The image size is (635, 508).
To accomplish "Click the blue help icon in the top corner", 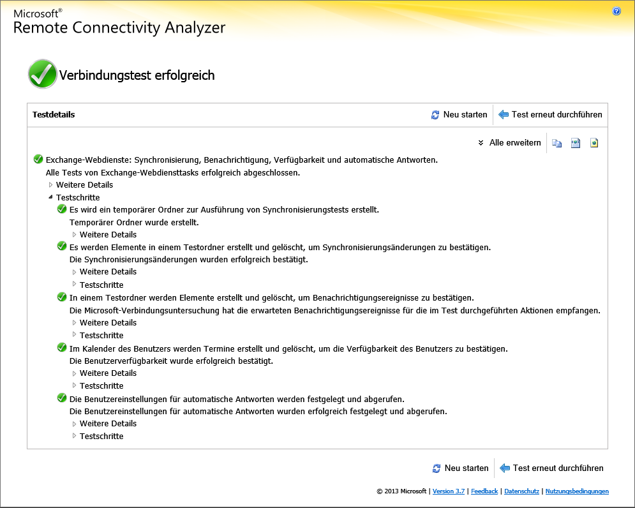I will click(616, 11).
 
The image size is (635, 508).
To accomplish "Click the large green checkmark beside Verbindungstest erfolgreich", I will click(43, 75).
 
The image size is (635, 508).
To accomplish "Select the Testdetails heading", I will click(54, 115).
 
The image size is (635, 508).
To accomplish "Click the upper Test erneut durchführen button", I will click(550, 115).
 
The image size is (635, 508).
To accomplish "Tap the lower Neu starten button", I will click(460, 468).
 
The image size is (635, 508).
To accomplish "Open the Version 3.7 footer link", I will click(449, 491).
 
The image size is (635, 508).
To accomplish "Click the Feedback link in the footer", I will click(484, 491).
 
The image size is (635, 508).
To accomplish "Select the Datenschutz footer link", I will click(522, 491).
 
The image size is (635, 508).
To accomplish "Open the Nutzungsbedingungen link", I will click(577, 491).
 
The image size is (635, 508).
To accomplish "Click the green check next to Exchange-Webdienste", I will click(38, 160).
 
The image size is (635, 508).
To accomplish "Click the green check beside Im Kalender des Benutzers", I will click(62, 348).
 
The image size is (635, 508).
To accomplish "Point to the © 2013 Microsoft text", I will click(401, 491).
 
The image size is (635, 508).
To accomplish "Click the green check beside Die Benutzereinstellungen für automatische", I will click(62, 398).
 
